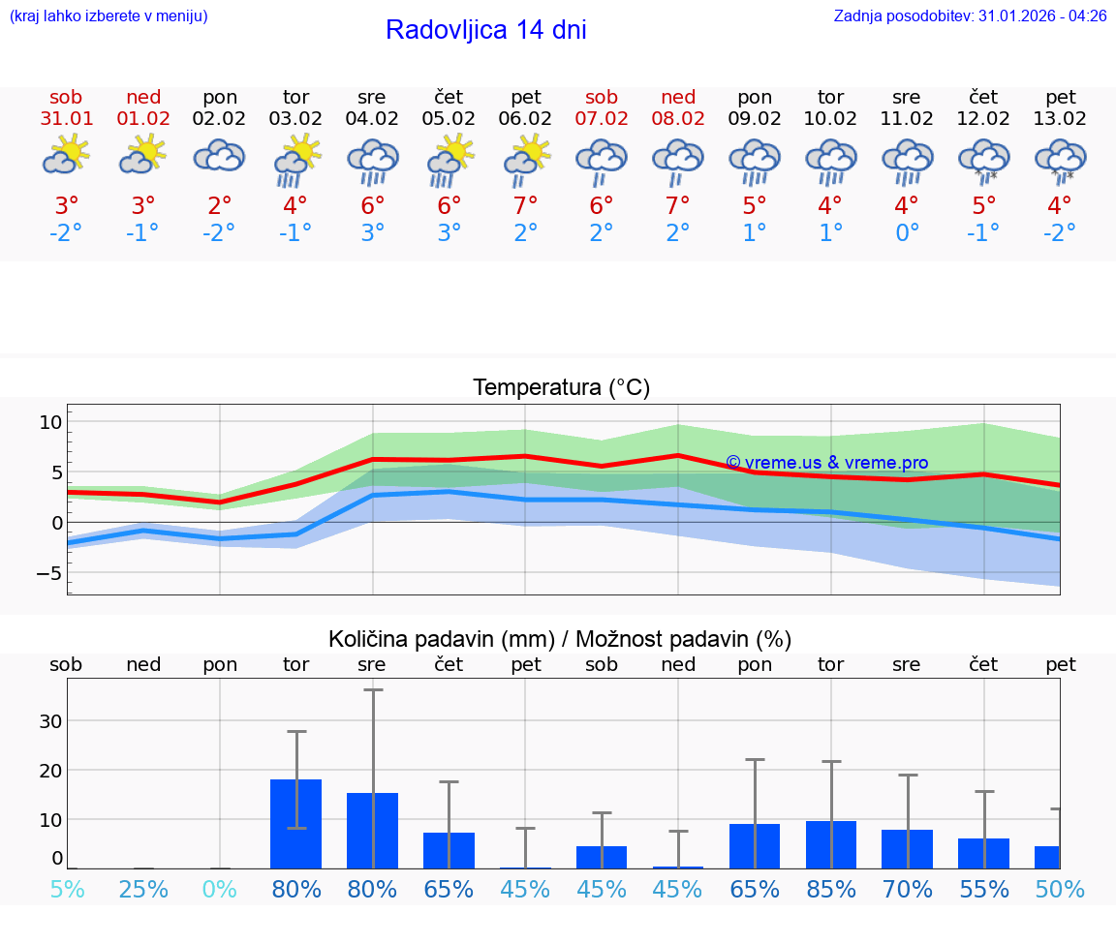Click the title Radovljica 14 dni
coord(485,30)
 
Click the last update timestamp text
coord(970,15)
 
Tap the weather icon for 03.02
coord(295,160)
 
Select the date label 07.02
coord(602,119)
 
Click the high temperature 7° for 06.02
coord(525,205)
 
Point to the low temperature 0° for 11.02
coord(907,233)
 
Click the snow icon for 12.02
coord(983,161)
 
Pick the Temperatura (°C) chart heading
coord(561,387)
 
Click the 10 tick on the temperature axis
coord(50,422)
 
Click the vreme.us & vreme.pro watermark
coord(826,463)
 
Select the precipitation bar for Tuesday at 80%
coord(295,823)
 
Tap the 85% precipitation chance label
coord(831,889)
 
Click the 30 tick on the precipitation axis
coord(50,720)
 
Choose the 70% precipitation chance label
coord(908,889)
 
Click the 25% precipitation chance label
coord(143,889)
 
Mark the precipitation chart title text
coord(560,639)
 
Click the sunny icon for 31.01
coord(66,155)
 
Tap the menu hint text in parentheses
coord(108,15)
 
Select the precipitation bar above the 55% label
coord(983,853)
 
